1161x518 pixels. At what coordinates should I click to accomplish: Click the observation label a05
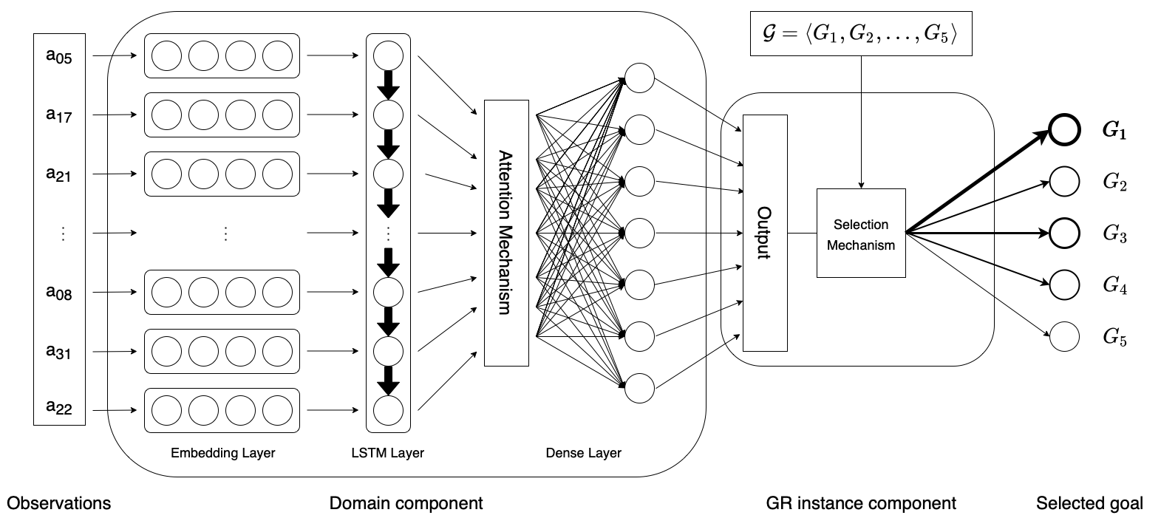(x=59, y=57)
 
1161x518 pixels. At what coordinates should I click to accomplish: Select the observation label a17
(x=59, y=115)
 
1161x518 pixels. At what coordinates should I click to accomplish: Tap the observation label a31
(x=59, y=352)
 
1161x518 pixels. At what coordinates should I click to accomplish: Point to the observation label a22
(x=59, y=407)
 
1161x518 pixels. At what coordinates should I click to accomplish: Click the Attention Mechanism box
(x=506, y=233)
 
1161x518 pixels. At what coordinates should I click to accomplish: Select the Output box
(x=764, y=233)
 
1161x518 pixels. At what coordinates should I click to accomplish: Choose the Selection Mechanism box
(x=860, y=234)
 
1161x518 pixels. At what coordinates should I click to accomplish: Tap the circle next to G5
(x=1064, y=337)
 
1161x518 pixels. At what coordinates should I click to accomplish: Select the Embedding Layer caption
(x=222, y=453)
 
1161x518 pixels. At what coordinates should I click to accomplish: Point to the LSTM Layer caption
(x=388, y=453)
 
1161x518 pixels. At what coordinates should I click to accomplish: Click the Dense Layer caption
(x=583, y=453)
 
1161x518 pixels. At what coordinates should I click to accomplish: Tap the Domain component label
(x=406, y=503)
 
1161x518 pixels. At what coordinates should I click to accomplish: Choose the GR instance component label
(x=861, y=503)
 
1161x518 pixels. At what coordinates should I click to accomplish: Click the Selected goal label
(x=1089, y=503)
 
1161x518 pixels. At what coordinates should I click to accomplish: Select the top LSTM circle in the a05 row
(x=388, y=56)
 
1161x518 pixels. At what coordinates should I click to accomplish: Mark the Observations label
(x=58, y=503)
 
